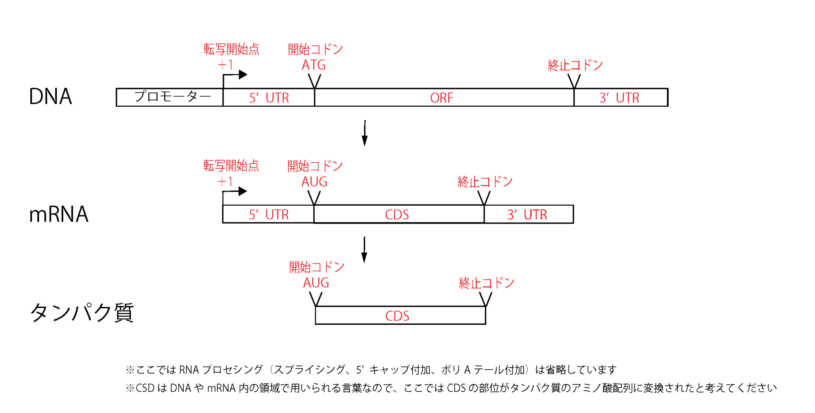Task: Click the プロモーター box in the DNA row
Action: tap(170, 97)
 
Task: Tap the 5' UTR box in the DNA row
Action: tap(269, 97)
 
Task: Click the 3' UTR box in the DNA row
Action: tap(620, 97)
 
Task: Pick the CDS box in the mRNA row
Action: tap(398, 214)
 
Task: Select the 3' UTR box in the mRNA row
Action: tap(528, 214)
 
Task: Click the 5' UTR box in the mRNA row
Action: tap(268, 214)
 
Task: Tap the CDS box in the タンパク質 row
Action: tap(400, 316)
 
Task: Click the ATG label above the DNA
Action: tap(314, 65)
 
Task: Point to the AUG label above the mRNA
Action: tap(314, 182)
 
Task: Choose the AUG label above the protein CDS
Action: tap(316, 283)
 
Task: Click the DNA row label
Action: tap(51, 97)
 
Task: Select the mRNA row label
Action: tap(58, 214)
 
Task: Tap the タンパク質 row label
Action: tap(82, 313)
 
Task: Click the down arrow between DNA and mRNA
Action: tap(365, 133)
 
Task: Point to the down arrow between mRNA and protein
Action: tap(364, 250)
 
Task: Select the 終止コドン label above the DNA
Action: tap(575, 65)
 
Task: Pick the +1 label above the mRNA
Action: tap(225, 182)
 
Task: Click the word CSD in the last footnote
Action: tap(145, 388)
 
